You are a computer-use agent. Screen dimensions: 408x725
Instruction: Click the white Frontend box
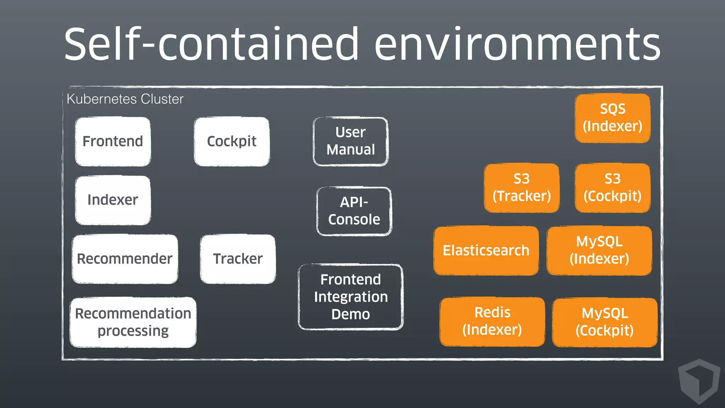click(x=113, y=141)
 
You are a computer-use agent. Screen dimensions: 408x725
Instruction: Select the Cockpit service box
click(x=232, y=141)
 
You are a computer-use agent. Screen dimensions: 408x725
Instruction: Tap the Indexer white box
click(x=113, y=200)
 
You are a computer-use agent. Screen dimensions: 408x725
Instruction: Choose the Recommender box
click(x=125, y=259)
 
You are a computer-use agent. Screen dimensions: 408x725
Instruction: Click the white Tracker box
click(x=238, y=259)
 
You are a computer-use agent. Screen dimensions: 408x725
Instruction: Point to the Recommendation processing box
click(x=133, y=322)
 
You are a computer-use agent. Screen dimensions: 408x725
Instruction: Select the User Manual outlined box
click(x=350, y=141)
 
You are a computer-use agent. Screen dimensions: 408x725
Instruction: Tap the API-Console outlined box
click(x=354, y=211)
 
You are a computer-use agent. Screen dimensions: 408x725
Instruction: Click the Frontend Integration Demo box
click(x=350, y=297)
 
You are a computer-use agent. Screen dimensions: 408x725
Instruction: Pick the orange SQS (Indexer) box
click(x=612, y=118)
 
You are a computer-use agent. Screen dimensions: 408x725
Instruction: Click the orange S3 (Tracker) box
click(x=521, y=188)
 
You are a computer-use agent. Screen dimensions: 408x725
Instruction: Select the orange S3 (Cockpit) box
click(x=612, y=188)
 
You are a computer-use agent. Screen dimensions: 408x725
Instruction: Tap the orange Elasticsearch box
click(x=486, y=250)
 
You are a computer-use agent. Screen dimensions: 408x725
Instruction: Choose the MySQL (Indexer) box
click(x=599, y=250)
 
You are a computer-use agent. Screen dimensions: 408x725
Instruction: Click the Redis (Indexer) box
click(x=492, y=322)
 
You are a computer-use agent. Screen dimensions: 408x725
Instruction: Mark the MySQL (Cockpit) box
click(x=605, y=322)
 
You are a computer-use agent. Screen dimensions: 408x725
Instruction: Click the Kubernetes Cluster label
click(x=125, y=99)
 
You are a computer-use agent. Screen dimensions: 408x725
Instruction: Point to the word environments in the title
click(x=517, y=44)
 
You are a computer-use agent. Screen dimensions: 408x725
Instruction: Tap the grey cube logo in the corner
click(x=699, y=381)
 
